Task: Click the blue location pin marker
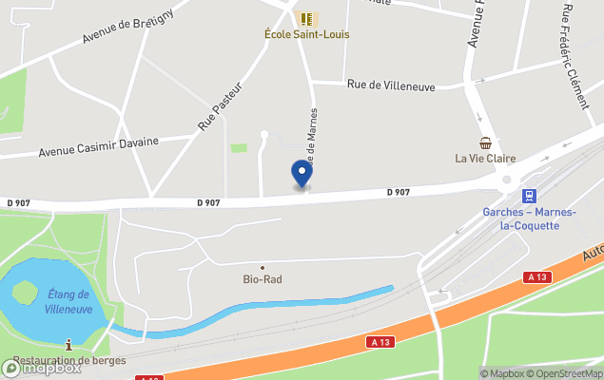click(x=302, y=174)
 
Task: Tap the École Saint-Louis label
click(x=306, y=34)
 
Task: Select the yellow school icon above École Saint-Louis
click(x=307, y=18)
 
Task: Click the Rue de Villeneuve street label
click(x=391, y=86)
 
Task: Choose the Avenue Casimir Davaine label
click(x=98, y=145)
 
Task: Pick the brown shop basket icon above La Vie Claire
click(x=486, y=143)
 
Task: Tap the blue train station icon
click(x=527, y=196)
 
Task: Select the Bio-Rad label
click(x=262, y=279)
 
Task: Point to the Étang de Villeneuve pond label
click(x=68, y=301)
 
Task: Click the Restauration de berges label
click(x=67, y=361)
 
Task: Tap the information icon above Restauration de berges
click(x=68, y=345)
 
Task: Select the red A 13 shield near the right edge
click(x=536, y=276)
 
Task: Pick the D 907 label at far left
click(x=18, y=202)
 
